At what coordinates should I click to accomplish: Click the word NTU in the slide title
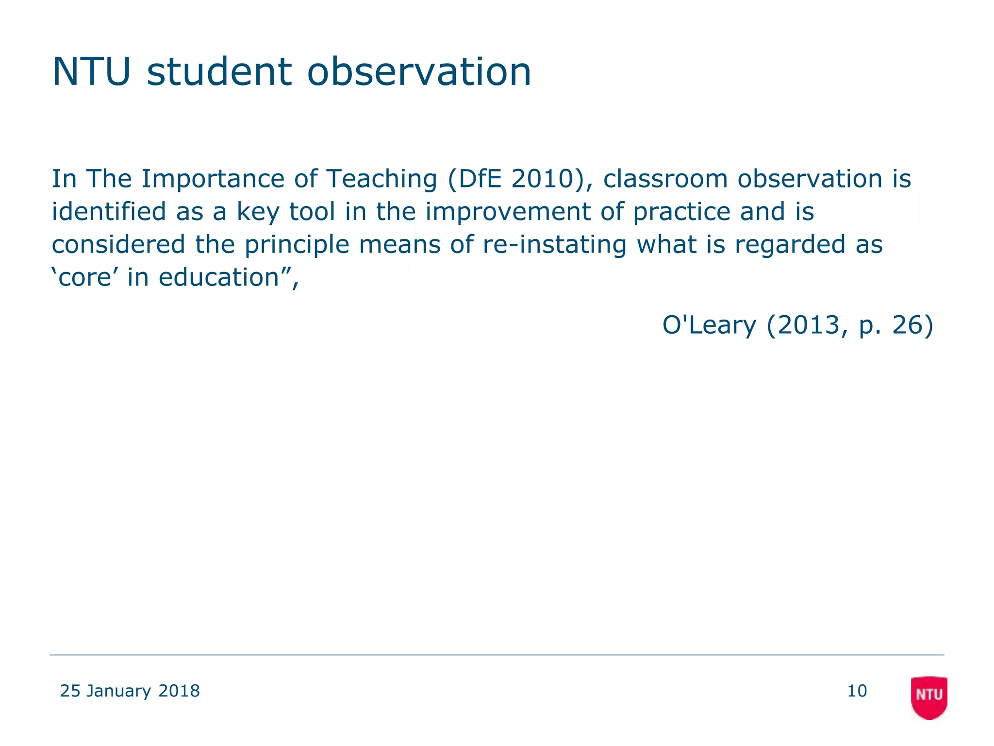91,72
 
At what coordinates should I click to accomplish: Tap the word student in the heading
219,72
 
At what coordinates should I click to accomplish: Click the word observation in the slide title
419,72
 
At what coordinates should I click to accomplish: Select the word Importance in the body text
213,180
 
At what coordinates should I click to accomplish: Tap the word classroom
665,179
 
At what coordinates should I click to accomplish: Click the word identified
109,212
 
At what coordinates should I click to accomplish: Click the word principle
297,245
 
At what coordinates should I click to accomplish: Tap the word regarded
790,244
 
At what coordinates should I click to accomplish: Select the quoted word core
85,278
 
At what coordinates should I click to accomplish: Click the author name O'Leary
709,325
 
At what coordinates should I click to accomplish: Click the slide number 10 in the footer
857,691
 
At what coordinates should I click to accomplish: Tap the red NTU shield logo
929,697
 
